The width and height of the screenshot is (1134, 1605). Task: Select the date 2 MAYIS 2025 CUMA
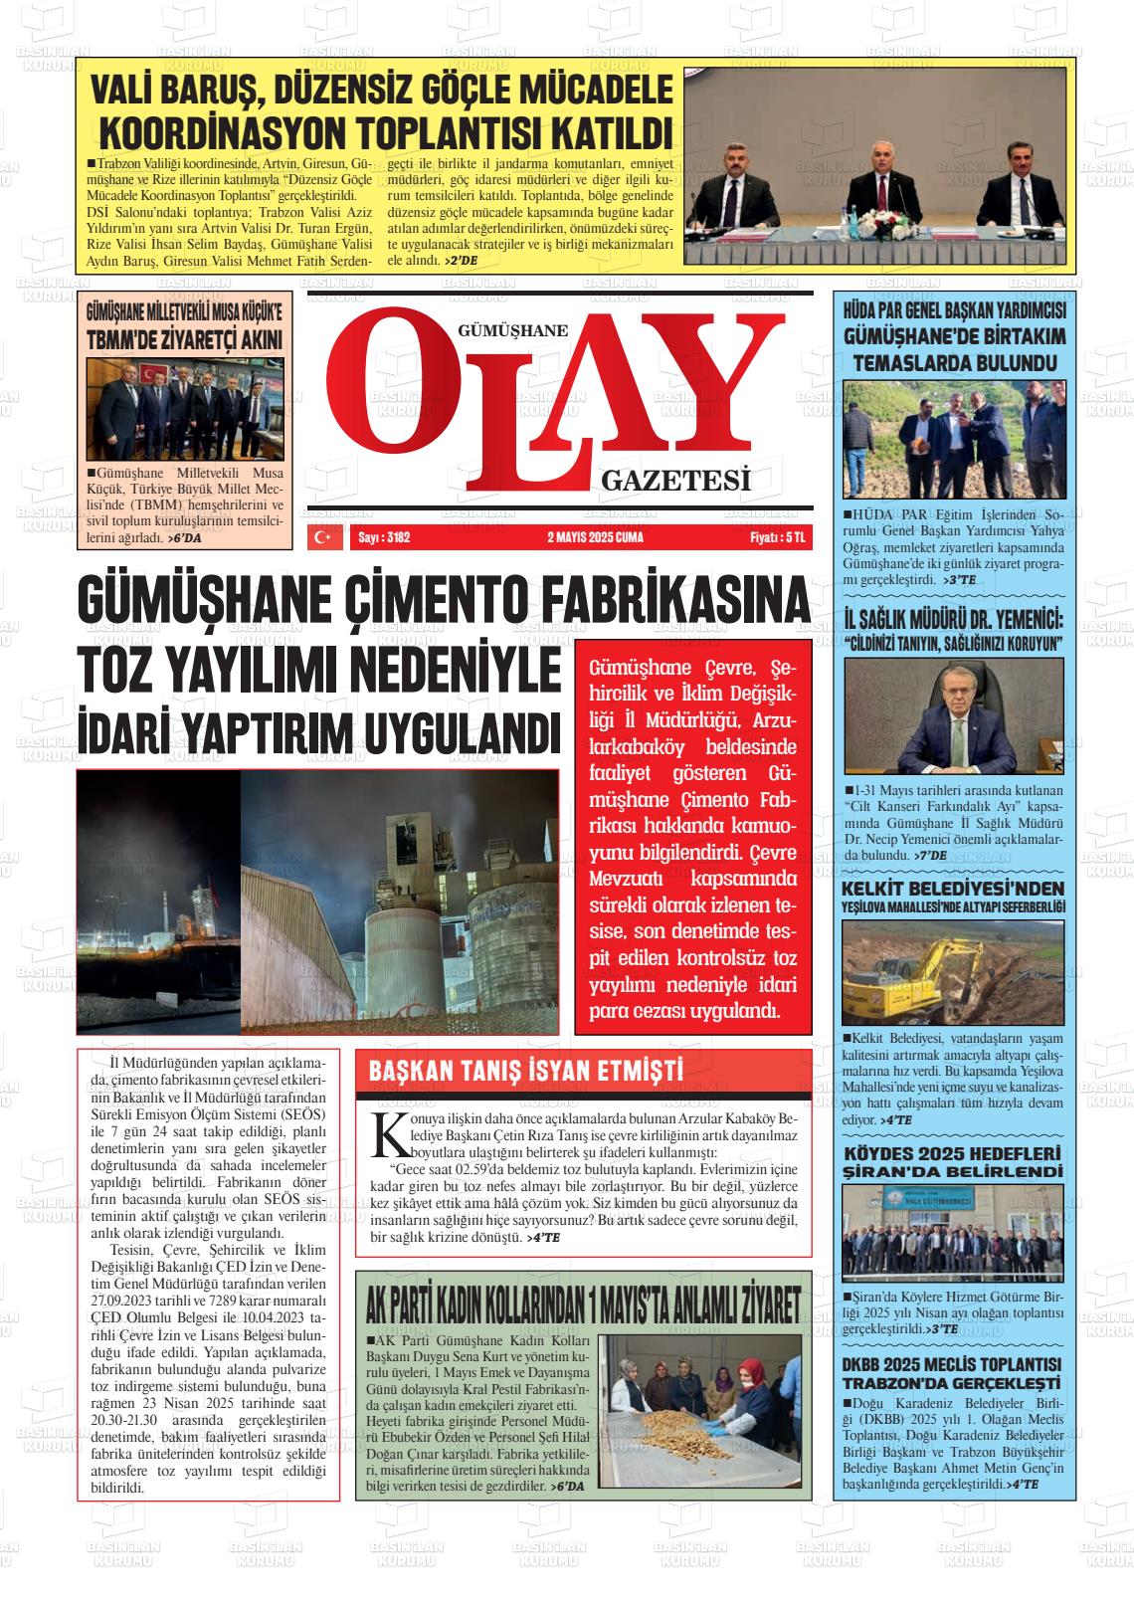tap(595, 537)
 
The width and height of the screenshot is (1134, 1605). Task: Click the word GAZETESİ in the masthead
tap(674, 483)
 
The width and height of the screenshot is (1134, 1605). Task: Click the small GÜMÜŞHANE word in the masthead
tap(512, 331)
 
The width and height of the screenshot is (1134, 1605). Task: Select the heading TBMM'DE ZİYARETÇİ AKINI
tap(184, 339)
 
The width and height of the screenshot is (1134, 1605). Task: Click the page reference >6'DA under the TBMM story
tap(184, 537)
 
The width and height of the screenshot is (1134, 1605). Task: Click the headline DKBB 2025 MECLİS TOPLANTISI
tap(952, 1363)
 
